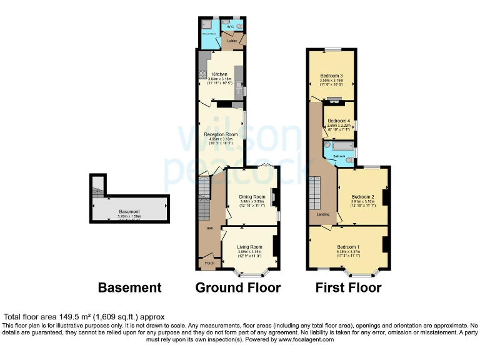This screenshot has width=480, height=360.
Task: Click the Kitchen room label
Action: (x=220, y=74)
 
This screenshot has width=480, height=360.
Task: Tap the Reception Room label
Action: (x=221, y=134)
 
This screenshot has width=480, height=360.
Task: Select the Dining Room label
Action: (x=252, y=197)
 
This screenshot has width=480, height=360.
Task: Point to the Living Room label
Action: (x=249, y=247)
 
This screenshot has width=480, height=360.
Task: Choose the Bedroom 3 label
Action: (x=331, y=76)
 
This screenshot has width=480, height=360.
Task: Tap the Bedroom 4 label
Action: (x=339, y=121)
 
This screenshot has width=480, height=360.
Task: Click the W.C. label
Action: (x=230, y=27)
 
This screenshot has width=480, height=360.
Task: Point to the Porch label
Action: (x=209, y=263)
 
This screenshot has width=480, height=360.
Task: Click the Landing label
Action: (x=323, y=215)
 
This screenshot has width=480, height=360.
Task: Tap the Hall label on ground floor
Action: (x=209, y=228)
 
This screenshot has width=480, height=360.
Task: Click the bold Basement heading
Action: (x=129, y=287)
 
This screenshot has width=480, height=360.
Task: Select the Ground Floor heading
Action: (x=238, y=287)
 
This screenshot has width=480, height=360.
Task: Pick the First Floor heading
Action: (x=349, y=287)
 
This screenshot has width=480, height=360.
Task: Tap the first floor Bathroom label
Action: (x=339, y=156)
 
